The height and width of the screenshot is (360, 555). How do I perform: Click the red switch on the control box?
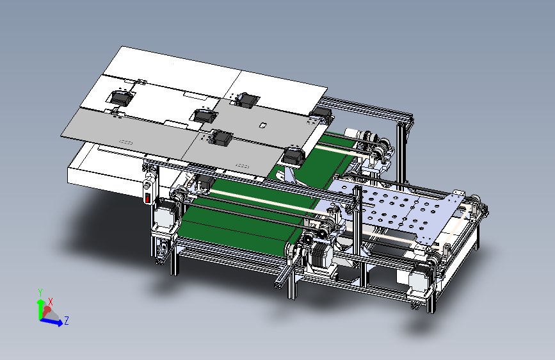tap(147, 199)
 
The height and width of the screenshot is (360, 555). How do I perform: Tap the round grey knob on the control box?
tap(147, 185)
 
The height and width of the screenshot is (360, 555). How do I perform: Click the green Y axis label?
tap(40, 293)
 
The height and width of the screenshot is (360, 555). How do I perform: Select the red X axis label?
tap(51, 302)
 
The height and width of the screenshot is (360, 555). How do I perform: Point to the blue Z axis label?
tap(66, 321)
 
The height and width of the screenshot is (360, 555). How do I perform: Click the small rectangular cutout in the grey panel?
tap(262, 125)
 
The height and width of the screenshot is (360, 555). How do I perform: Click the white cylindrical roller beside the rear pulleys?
tap(351, 133)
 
